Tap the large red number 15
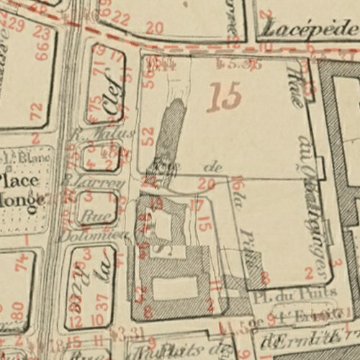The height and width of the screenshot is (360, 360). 225,97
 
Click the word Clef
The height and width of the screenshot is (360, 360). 109,102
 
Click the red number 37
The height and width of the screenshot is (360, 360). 103,304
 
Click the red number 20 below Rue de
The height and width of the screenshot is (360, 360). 206,184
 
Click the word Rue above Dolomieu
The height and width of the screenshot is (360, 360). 91,214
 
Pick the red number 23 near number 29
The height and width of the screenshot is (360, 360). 42,33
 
